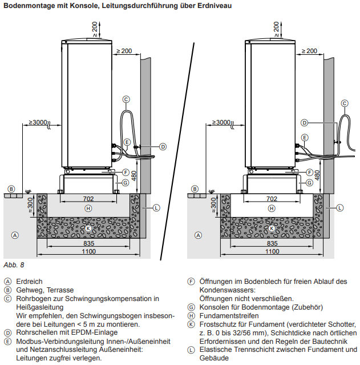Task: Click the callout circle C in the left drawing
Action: pos(126,99)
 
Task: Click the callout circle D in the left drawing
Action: pos(163,147)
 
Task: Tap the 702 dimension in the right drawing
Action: pos(272,199)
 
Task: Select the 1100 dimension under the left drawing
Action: pos(88,251)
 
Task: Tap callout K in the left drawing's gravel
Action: pos(88,228)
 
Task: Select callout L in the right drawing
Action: pos(339,208)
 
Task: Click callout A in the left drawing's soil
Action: pos(15,235)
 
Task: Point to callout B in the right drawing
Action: pos(195,188)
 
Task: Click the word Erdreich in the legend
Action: pos(29,282)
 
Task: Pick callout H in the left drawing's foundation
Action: pos(88,208)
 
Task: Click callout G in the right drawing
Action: pos(309,183)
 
